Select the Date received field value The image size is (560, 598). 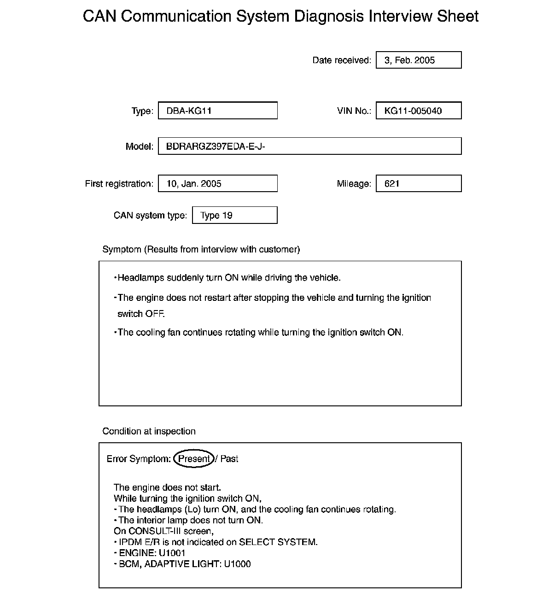coord(409,60)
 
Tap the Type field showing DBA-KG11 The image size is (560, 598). coord(189,111)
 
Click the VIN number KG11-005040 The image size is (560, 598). coord(413,111)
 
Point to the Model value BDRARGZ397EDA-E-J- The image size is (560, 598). coord(216,147)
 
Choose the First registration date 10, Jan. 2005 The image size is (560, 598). coord(194,184)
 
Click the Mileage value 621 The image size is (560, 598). coord(392,184)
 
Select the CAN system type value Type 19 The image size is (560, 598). coord(216,216)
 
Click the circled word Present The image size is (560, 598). coord(194,459)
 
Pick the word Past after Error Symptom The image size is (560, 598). coord(229,459)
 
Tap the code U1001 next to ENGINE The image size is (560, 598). coord(172,553)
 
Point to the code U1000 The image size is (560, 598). coord(237,564)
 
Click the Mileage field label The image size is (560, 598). coord(354,184)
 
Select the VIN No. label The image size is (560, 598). coord(354,111)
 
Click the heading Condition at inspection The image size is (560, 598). coord(149,431)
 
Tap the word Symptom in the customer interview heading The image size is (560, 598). coord(122,250)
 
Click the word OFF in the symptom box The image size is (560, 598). coord(155,314)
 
